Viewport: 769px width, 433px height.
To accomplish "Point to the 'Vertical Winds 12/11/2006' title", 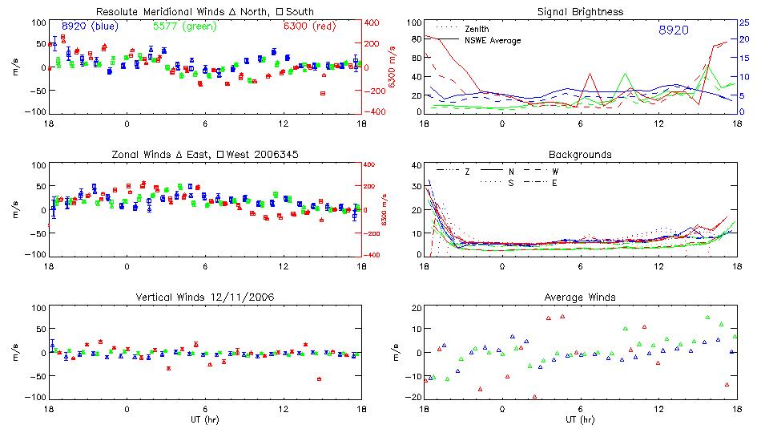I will coord(204,297).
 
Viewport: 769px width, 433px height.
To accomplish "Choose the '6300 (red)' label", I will coord(309,26).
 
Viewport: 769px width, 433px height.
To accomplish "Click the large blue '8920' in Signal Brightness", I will coord(674,30).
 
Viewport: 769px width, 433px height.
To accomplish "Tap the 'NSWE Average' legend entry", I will coord(493,40).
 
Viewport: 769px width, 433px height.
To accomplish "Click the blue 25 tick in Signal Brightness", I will coord(744,22).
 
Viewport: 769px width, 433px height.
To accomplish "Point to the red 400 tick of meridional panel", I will coord(374,22).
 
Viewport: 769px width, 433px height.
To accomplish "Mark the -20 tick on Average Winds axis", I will coord(414,398).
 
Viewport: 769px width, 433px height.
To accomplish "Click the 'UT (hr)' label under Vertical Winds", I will coord(204,419).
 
